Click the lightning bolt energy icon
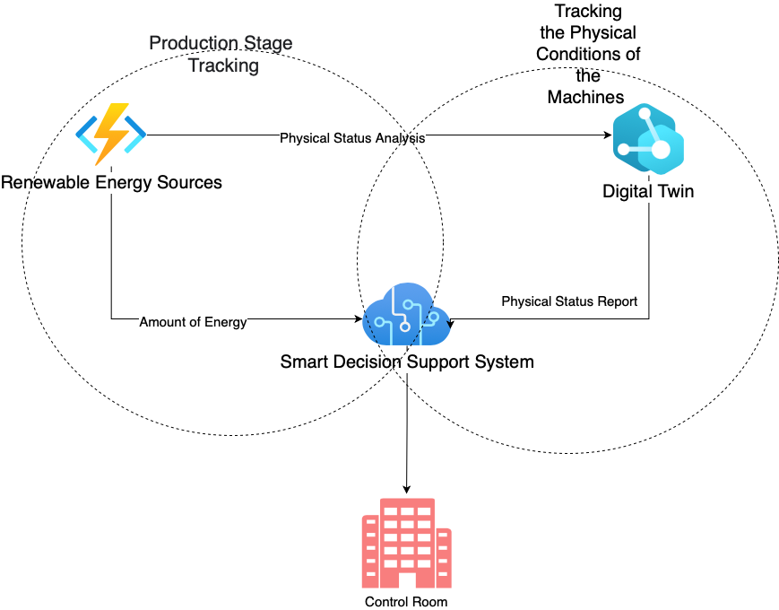point(110,135)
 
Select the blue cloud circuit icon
point(406,317)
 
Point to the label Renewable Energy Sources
point(111,183)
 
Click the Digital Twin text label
point(648,191)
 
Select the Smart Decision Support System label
point(407,362)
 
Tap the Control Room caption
point(406,602)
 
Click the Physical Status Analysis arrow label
point(352,138)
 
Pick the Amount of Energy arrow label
point(193,322)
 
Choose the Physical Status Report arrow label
point(569,301)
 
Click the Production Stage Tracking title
point(221,54)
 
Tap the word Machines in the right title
point(586,97)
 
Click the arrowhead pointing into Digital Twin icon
point(607,136)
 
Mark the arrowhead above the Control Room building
point(407,489)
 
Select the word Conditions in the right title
point(588,54)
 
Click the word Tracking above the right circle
point(588,12)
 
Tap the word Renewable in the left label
point(44,183)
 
